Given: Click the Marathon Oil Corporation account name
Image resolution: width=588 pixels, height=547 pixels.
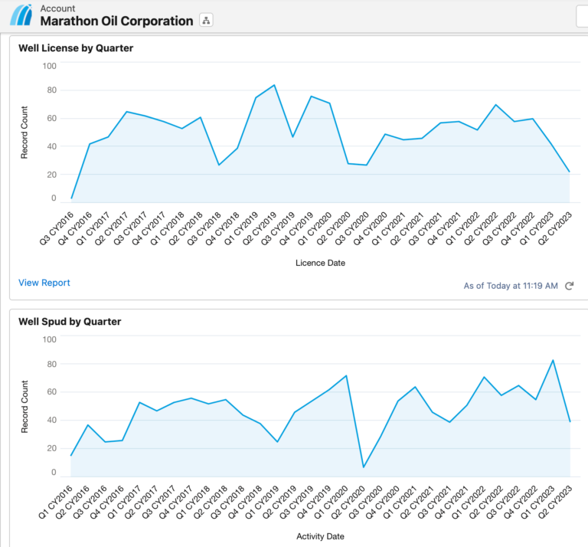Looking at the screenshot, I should click(x=116, y=21).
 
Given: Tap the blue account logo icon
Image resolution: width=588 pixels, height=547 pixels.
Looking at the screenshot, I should click(x=21, y=15).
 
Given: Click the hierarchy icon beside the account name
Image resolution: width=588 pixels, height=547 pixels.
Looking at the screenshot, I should click(x=206, y=21).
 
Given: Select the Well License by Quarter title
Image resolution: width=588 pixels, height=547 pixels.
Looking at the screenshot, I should click(x=76, y=48).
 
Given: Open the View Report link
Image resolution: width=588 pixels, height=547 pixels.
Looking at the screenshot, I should click(x=44, y=283).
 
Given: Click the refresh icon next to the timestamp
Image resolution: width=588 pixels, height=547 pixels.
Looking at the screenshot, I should click(x=569, y=286).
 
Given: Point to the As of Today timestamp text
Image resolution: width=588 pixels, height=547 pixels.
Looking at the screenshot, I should click(x=511, y=286).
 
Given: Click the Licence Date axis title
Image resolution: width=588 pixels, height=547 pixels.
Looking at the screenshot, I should click(x=320, y=263).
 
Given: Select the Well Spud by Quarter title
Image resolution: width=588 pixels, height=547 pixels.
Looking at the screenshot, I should click(x=70, y=322).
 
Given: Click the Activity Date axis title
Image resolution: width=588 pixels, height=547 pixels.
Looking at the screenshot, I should click(x=320, y=536).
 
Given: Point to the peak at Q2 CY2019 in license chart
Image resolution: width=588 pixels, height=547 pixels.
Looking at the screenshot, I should click(x=274, y=85).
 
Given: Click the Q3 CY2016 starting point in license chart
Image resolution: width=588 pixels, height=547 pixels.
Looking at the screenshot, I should click(x=72, y=198).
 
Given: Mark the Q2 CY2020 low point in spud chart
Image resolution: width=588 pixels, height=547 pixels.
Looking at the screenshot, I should click(x=364, y=467).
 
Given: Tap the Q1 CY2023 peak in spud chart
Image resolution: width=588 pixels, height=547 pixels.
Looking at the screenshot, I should click(x=553, y=360).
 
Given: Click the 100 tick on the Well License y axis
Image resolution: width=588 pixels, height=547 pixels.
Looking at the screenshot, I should click(x=49, y=67).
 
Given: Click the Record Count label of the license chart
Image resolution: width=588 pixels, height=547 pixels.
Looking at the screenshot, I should click(x=24, y=132).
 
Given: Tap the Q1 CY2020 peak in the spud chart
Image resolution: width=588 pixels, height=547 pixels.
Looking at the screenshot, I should click(x=346, y=375).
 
